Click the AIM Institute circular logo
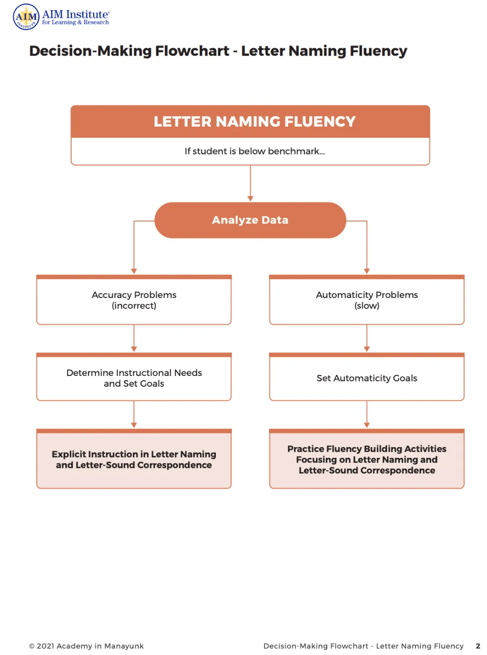pyautogui.click(x=26, y=17)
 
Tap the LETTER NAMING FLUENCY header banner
pyautogui.click(x=250, y=122)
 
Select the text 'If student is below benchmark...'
pyautogui.click(x=254, y=151)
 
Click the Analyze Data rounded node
pyautogui.click(x=250, y=220)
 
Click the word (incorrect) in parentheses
pyautogui.click(x=134, y=306)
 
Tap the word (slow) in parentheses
pyautogui.click(x=367, y=306)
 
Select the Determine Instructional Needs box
pyautogui.click(x=134, y=378)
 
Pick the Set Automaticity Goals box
pyautogui.click(x=367, y=378)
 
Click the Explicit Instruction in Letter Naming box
pyautogui.click(x=134, y=459)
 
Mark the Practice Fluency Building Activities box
pyautogui.click(x=367, y=459)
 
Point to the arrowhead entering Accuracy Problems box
pyautogui.click(x=134, y=271)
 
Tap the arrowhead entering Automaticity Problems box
pyautogui.click(x=367, y=271)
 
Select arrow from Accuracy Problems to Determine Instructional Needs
pyautogui.click(x=134, y=338)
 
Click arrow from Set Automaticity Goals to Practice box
pyautogui.click(x=367, y=414)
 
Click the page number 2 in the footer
pyautogui.click(x=478, y=646)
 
